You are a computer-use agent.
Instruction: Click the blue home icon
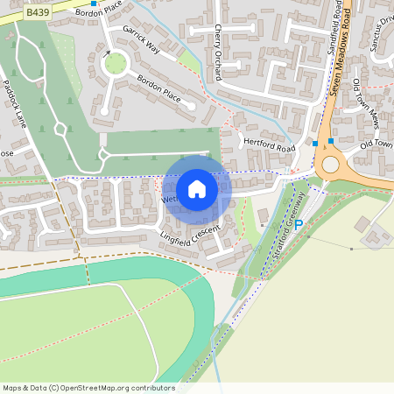click(x=197, y=189)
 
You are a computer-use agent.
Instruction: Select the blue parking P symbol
click(x=298, y=225)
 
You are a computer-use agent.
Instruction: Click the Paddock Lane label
click(x=16, y=103)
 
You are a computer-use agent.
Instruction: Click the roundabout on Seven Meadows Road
click(x=330, y=165)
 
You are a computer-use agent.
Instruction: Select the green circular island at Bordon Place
click(x=115, y=63)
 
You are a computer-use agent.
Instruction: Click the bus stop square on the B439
click(x=93, y=4)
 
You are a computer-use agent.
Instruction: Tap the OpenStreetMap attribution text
click(x=88, y=388)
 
